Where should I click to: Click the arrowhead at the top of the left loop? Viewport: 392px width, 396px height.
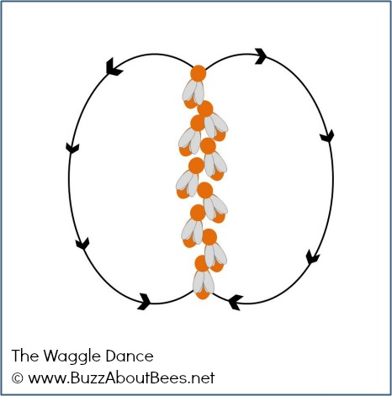pyautogui.click(x=114, y=67)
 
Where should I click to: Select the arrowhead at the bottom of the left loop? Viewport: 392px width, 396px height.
pyautogui.click(x=145, y=302)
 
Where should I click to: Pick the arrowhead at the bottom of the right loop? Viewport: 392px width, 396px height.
pyautogui.click(x=235, y=303)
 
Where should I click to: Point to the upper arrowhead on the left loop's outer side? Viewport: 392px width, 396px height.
pyautogui.click(x=72, y=148)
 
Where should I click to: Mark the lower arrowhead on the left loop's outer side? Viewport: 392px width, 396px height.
pyautogui.click(x=82, y=244)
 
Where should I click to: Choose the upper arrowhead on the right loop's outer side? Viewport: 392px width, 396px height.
pyautogui.click(x=327, y=135)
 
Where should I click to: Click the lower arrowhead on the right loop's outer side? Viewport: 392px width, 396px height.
pyautogui.click(x=312, y=257)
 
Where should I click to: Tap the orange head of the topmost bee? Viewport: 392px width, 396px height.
pyautogui.click(x=199, y=73)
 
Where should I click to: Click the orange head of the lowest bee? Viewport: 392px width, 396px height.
pyautogui.click(x=202, y=263)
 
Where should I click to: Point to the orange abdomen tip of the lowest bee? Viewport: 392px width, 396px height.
pyautogui.click(x=203, y=295)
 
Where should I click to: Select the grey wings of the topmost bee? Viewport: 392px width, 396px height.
pyautogui.click(x=193, y=92)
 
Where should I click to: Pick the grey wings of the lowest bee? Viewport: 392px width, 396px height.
pyautogui.click(x=204, y=282)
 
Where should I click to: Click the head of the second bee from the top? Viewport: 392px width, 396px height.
pyautogui.click(x=205, y=108)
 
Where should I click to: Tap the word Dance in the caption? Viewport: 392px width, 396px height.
pyautogui.click(x=130, y=356)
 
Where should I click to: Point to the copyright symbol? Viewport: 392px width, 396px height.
pyautogui.click(x=18, y=378)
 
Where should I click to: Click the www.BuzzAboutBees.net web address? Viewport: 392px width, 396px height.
pyautogui.click(x=121, y=378)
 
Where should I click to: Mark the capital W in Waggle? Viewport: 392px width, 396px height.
pyautogui.click(x=51, y=356)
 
